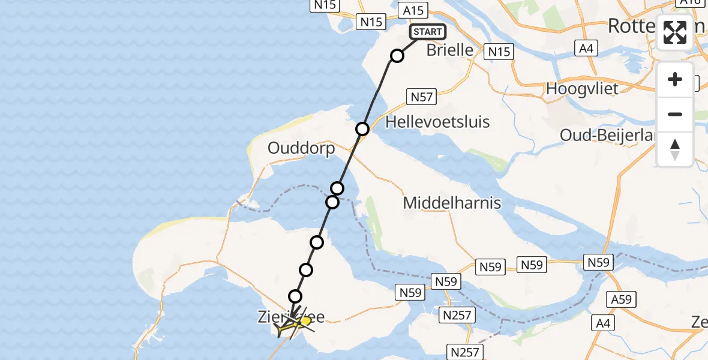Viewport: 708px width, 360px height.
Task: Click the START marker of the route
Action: point(427,32)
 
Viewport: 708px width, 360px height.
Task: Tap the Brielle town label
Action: point(449,50)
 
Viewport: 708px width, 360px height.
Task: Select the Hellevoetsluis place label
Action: point(438,122)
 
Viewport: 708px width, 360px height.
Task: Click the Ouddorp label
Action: point(301,149)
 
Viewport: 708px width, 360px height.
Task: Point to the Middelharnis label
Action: point(452,203)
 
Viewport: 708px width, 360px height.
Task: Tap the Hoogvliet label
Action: point(582,89)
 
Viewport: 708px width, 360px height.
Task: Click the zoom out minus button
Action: point(675,114)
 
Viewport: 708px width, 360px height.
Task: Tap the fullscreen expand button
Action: point(675,32)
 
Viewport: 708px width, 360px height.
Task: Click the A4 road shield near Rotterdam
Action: point(586,48)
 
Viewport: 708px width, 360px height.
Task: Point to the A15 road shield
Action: point(413,10)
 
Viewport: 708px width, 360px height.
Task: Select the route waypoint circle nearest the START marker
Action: point(397,56)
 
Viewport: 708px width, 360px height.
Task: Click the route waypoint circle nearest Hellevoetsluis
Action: point(362,129)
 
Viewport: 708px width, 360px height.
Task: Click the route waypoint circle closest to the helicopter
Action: point(295,296)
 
